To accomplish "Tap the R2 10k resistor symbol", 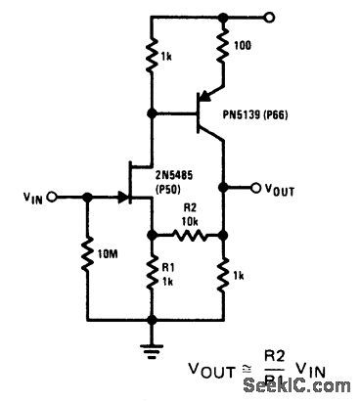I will click(x=187, y=234).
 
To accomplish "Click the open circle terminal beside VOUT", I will click(x=257, y=187).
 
